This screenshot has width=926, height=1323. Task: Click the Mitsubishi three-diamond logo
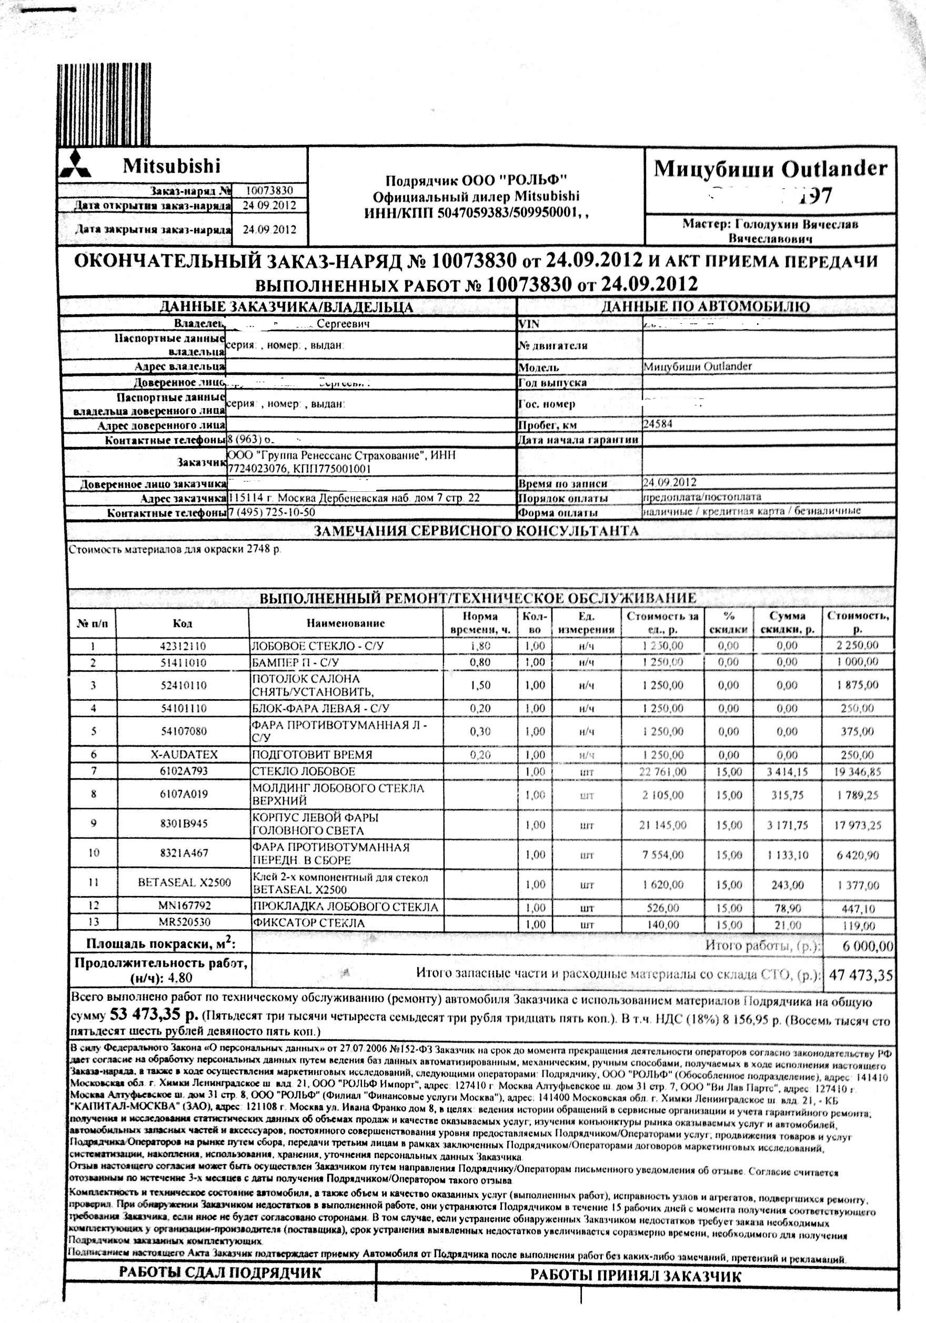click(75, 165)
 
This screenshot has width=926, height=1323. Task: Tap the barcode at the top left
click(104, 104)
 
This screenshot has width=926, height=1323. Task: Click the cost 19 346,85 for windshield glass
click(858, 772)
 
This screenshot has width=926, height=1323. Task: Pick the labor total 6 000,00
click(867, 946)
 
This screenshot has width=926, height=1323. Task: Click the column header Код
click(183, 623)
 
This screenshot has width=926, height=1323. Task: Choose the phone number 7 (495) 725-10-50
click(272, 512)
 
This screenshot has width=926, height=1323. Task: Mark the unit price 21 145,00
click(662, 825)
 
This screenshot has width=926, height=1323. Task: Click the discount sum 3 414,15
click(787, 772)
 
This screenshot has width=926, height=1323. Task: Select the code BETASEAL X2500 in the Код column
click(184, 882)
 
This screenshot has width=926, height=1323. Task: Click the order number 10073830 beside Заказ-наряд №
click(269, 190)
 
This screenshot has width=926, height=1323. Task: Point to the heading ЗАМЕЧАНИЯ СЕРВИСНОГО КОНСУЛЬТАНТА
click(476, 531)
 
